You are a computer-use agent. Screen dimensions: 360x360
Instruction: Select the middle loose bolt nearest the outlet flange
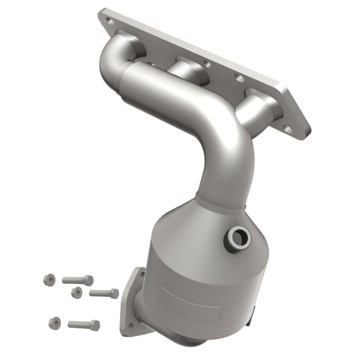(x=104, y=293)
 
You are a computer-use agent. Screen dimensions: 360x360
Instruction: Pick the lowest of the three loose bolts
(x=83, y=325)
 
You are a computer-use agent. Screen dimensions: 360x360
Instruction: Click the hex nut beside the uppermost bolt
(x=49, y=279)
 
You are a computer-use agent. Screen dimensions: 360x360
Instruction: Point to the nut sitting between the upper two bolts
(x=76, y=292)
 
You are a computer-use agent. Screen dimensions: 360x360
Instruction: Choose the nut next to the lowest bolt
(x=54, y=322)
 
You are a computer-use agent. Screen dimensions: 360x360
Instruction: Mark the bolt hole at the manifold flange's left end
(x=111, y=23)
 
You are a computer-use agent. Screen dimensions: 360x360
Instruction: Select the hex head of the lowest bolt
(x=94, y=325)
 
